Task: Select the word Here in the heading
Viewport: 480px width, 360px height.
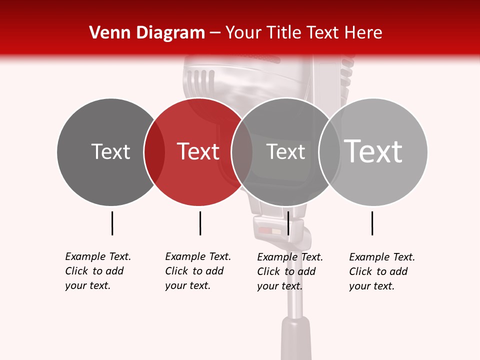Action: pyautogui.click(x=364, y=33)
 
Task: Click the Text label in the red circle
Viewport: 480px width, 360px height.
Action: pyautogui.click(x=198, y=151)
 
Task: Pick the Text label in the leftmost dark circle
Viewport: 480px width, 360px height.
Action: pyautogui.click(x=110, y=151)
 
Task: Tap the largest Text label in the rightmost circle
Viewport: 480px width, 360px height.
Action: pyautogui.click(x=373, y=151)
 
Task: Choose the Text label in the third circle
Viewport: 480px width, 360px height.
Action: pyautogui.click(x=285, y=151)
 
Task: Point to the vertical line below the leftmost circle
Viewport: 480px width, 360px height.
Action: pyautogui.click(x=112, y=223)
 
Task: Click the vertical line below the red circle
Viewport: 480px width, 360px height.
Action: pyautogui.click(x=200, y=223)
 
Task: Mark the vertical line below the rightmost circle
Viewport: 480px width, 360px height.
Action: pyautogui.click(x=372, y=223)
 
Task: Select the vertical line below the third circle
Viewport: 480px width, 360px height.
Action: pyautogui.click(x=288, y=223)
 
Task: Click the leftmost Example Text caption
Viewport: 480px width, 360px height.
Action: pyautogui.click(x=97, y=271)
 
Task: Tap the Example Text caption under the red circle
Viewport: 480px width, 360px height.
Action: pyautogui.click(x=197, y=271)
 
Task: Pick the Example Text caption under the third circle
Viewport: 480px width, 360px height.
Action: pyautogui.click(x=289, y=271)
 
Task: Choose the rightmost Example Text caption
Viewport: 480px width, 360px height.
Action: pyautogui.click(x=381, y=271)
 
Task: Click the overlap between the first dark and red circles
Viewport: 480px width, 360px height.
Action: pyautogui.click(x=154, y=151)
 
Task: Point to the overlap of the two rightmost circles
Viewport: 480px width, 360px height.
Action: pyautogui.click(x=329, y=151)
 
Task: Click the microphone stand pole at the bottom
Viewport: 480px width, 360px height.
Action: pyautogui.click(x=296, y=320)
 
